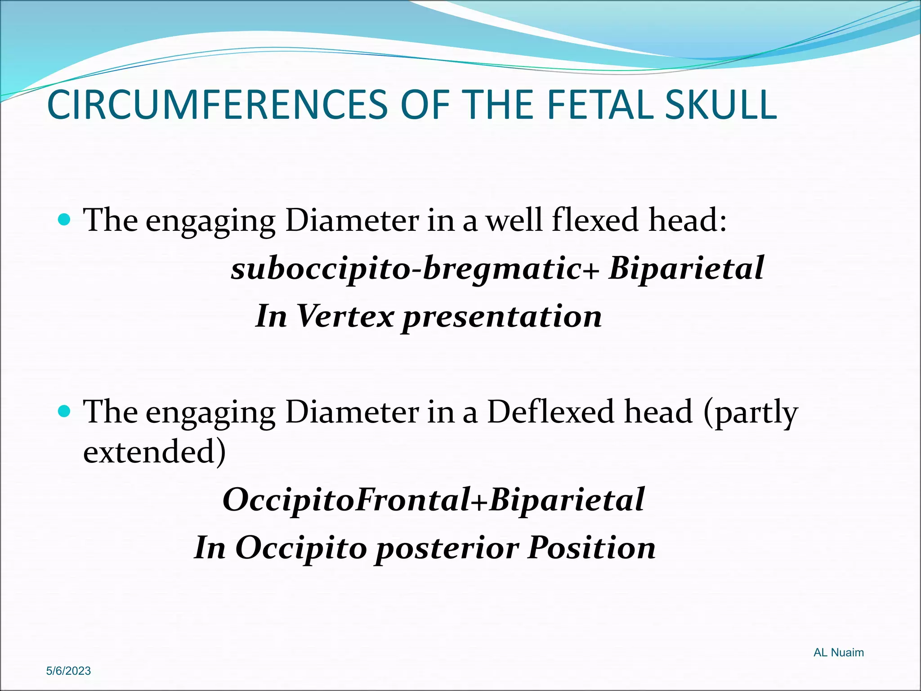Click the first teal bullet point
click(65, 220)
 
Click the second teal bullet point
click(65, 411)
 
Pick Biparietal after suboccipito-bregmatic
click(686, 269)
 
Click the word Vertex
click(345, 316)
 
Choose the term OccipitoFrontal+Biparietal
click(434, 500)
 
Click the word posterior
click(447, 548)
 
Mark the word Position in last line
click(591, 547)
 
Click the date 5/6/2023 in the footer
click(68, 671)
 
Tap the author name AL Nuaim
click(838, 652)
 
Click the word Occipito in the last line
click(301, 548)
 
